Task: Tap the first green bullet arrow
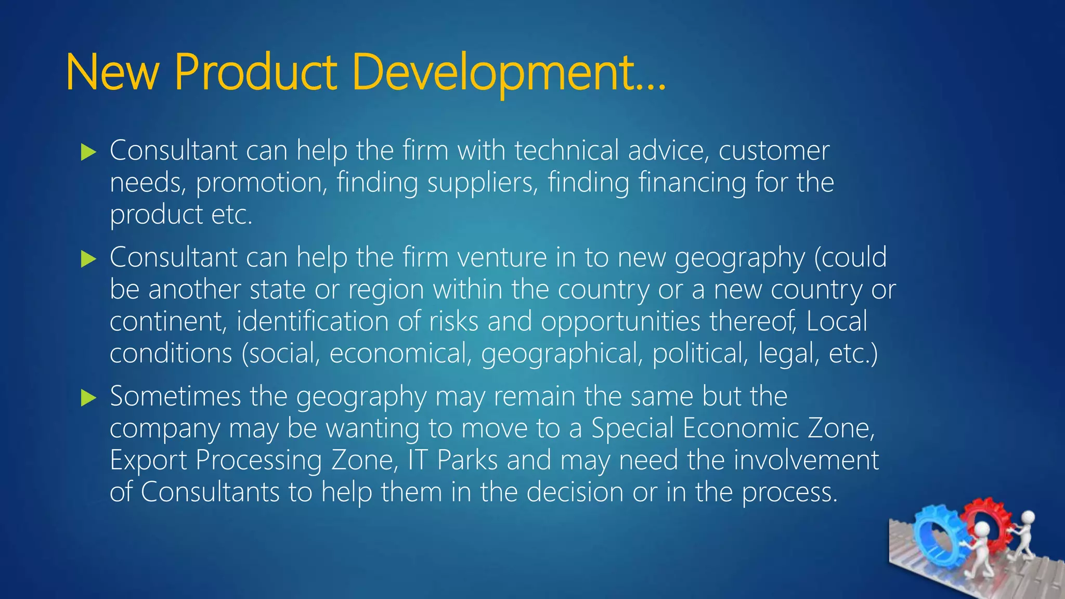coord(89,152)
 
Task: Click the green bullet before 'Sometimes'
coord(89,398)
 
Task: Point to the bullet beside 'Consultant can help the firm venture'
coord(89,259)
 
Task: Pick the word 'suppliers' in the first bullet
coord(482,183)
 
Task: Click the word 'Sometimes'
coord(175,396)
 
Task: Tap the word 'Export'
coord(148,461)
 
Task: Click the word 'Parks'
coord(467,461)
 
